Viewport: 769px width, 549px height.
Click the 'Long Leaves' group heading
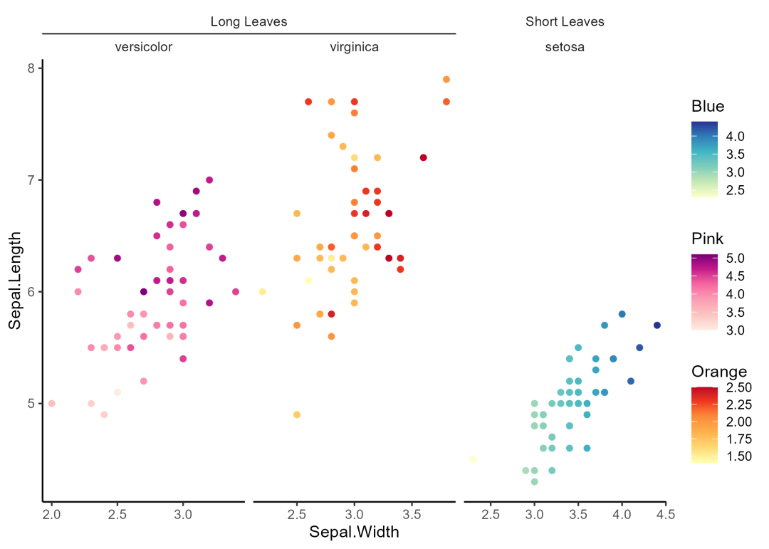point(249,21)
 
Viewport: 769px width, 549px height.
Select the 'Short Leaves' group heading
point(565,21)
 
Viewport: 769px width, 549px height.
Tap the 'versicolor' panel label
point(144,48)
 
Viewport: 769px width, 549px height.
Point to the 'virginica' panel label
point(354,48)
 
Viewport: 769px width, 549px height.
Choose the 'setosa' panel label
point(565,48)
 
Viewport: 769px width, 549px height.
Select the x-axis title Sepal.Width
point(354,532)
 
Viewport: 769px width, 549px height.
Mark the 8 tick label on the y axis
point(31,68)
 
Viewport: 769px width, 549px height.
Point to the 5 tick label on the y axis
point(31,404)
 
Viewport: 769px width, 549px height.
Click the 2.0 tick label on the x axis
point(51,513)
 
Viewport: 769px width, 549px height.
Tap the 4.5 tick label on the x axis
point(665,513)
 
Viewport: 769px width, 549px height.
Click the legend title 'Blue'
point(707,107)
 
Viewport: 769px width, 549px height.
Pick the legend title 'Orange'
point(718,372)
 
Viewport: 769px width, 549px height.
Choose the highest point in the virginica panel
point(446,80)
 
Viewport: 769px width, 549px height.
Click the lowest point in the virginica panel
point(297,414)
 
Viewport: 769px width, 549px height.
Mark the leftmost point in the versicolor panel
point(51,404)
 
